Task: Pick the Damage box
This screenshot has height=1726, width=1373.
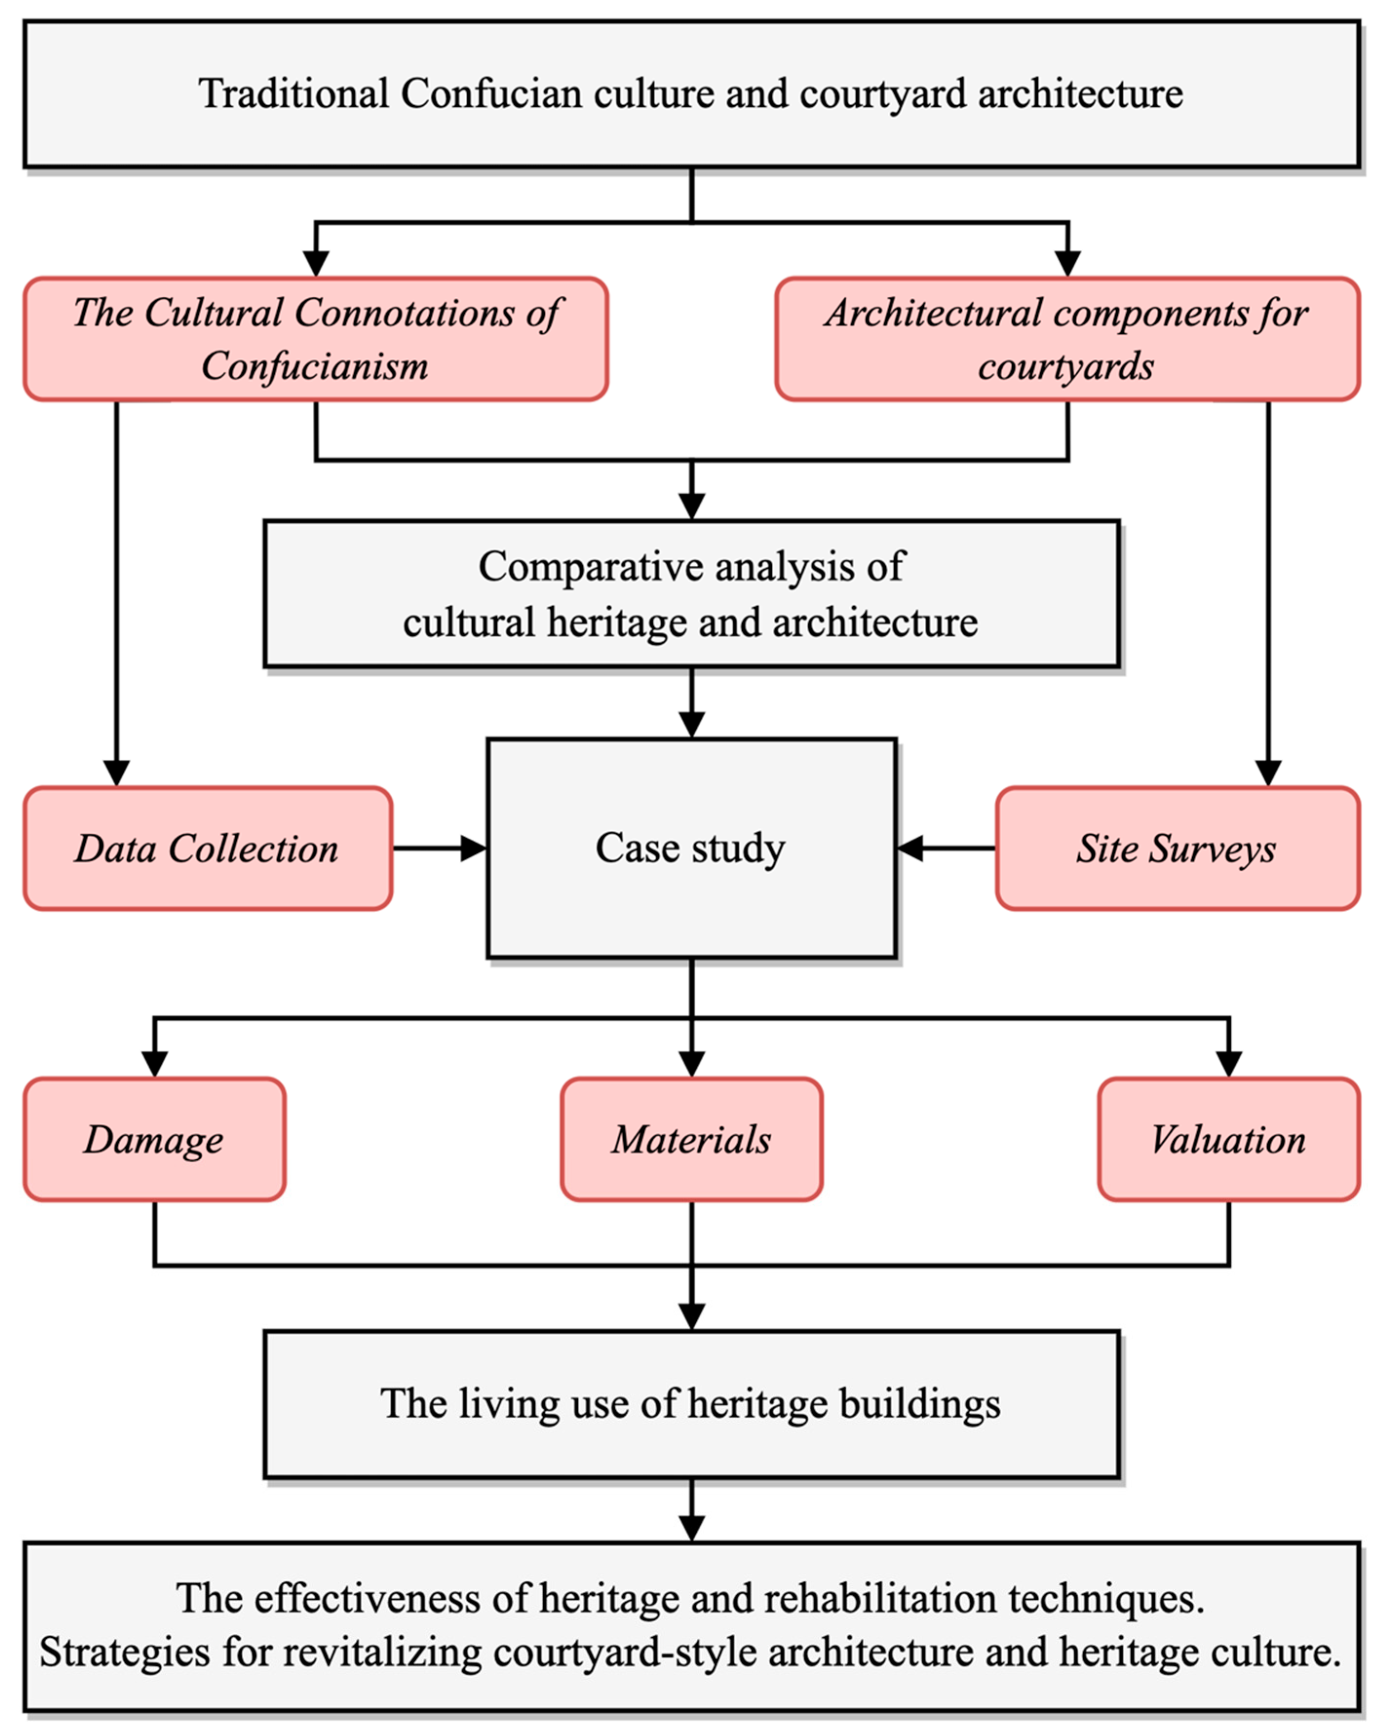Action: pos(153,1140)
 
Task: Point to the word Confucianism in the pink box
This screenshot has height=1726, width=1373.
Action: pos(315,366)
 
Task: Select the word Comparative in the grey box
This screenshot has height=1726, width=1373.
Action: pos(589,567)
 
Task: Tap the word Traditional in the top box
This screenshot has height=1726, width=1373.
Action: pos(293,94)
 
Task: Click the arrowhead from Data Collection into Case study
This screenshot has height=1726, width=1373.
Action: pos(474,848)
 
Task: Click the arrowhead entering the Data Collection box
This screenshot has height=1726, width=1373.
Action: pos(117,773)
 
